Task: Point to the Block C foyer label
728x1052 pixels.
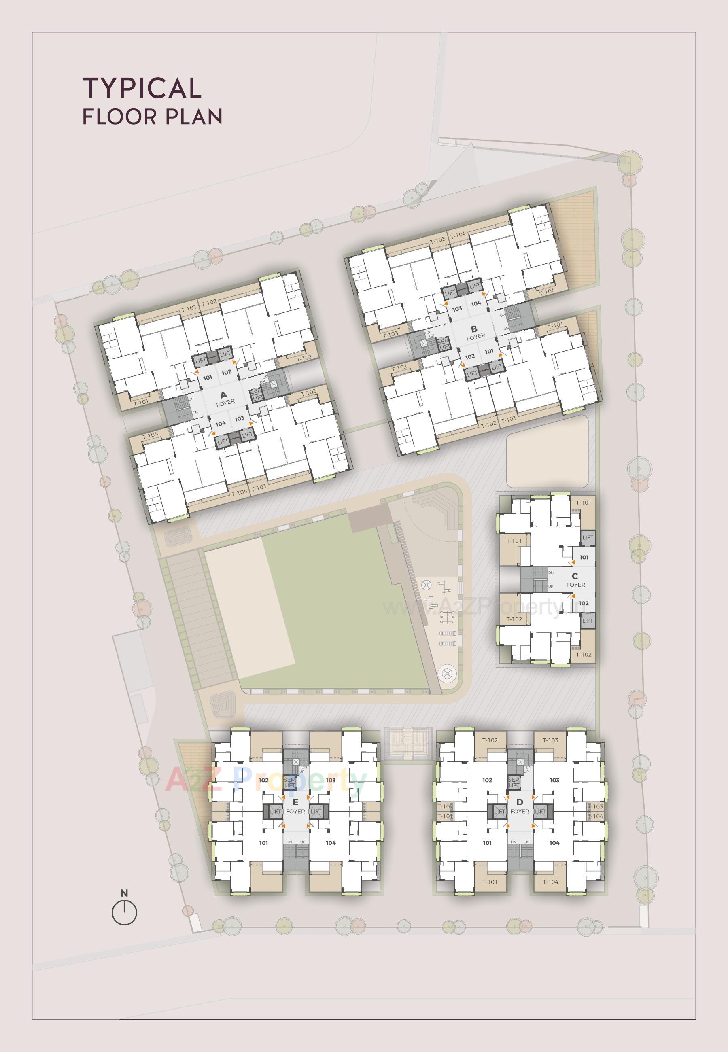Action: click(x=575, y=580)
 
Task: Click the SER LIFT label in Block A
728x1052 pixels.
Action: click(x=257, y=395)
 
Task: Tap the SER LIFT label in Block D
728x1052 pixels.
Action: click(x=514, y=783)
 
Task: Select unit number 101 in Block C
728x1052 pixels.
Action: click(x=584, y=557)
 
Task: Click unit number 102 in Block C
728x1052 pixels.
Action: click(x=584, y=603)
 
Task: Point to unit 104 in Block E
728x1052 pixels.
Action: click(x=331, y=843)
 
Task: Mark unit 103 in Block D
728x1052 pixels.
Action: click(x=554, y=780)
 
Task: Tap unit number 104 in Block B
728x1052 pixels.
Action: click(x=476, y=303)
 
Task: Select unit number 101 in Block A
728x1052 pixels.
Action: click(x=208, y=378)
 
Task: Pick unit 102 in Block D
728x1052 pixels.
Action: click(x=487, y=780)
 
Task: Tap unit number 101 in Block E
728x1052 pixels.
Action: click(x=263, y=843)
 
